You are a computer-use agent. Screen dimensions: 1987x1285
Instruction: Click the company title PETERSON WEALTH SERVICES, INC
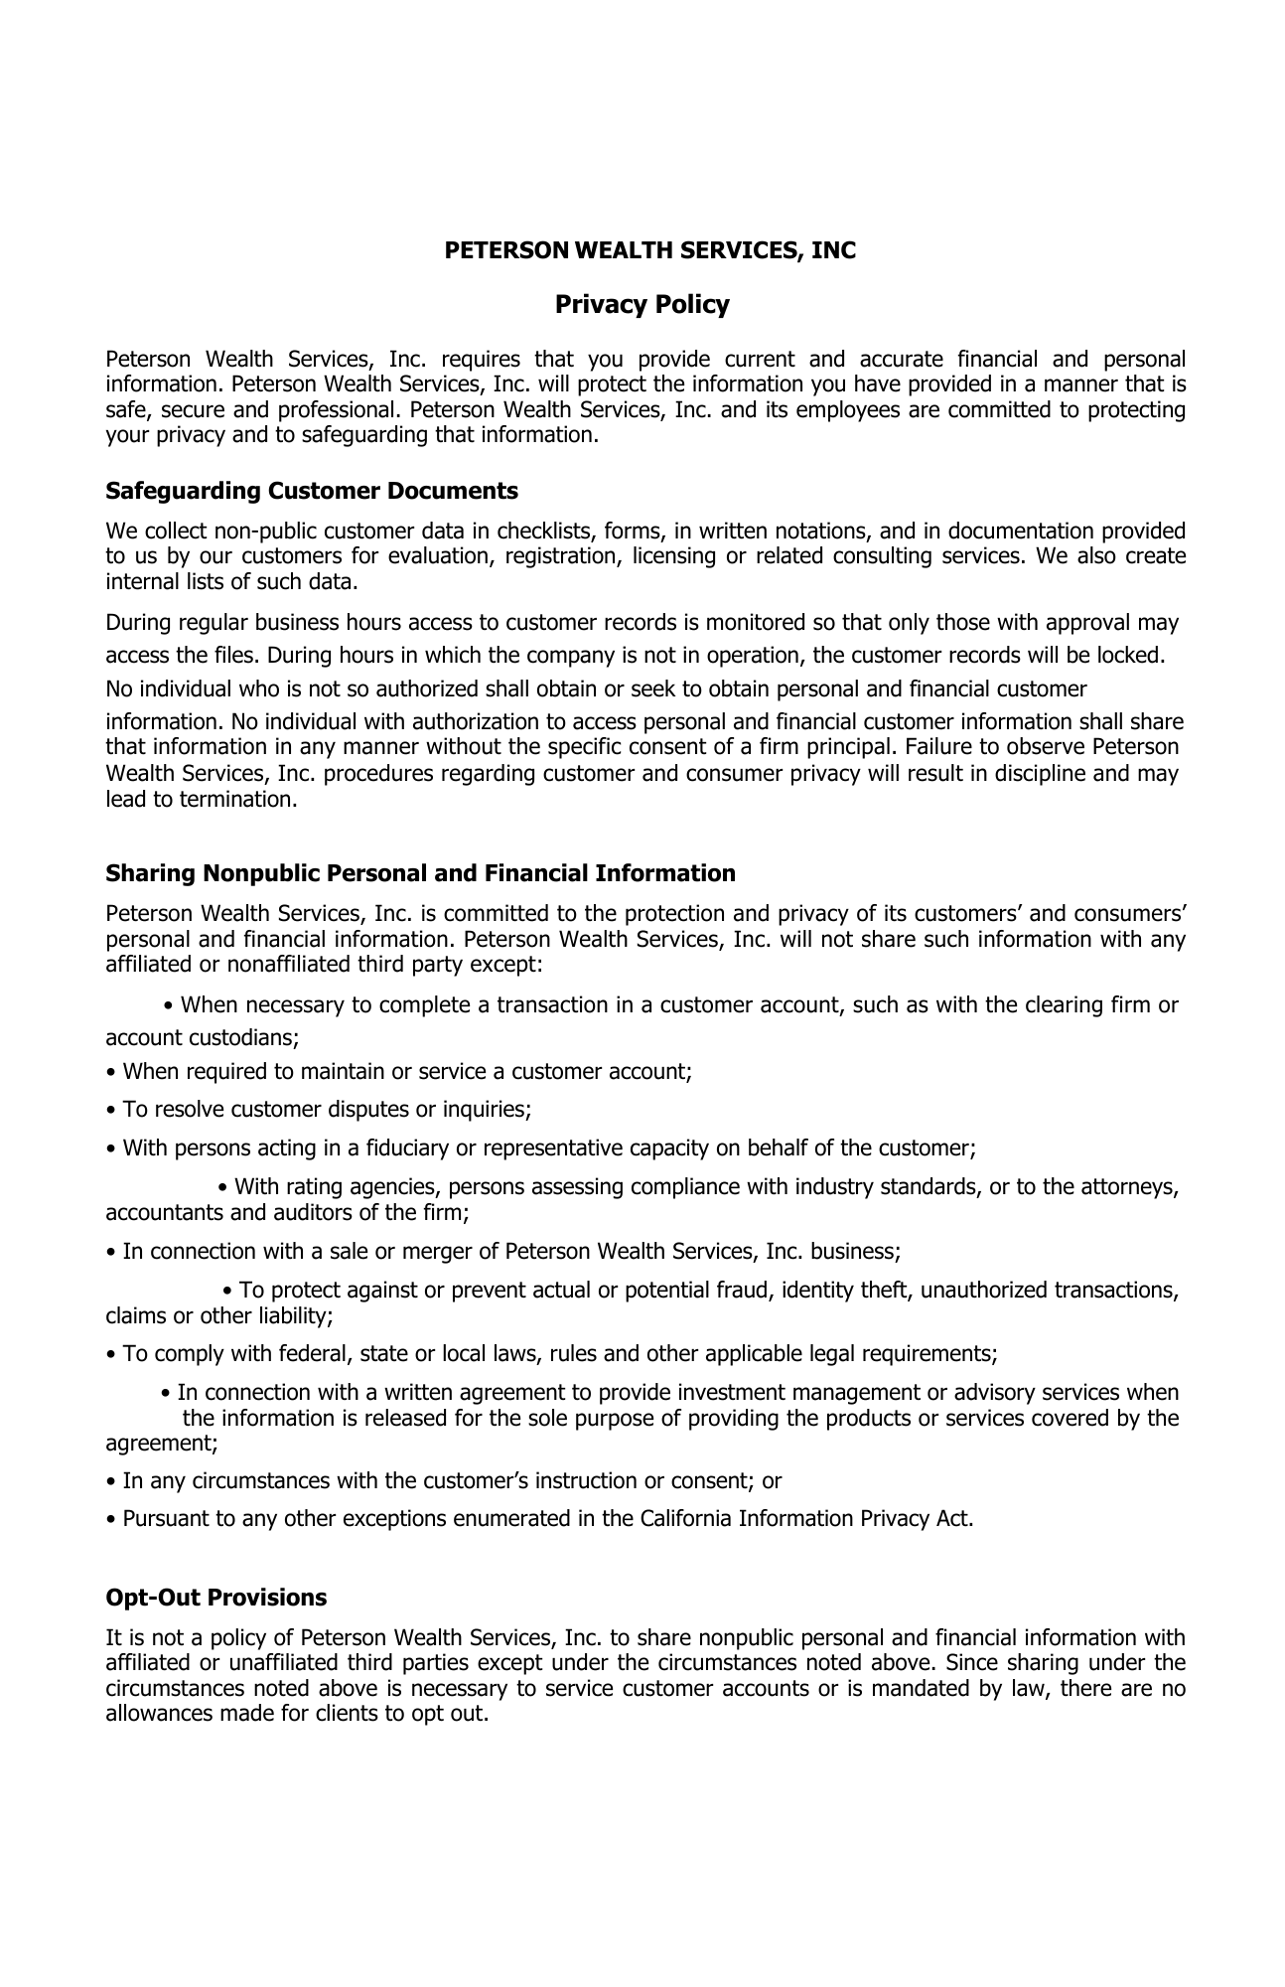point(649,250)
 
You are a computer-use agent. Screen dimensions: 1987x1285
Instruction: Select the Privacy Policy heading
point(642,304)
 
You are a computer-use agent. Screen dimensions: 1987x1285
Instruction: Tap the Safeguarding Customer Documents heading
point(312,491)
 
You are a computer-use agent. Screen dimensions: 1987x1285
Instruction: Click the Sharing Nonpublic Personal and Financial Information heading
point(420,873)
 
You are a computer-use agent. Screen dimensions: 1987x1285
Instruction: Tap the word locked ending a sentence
point(1131,656)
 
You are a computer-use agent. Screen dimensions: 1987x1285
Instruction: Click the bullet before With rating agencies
point(222,1187)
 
